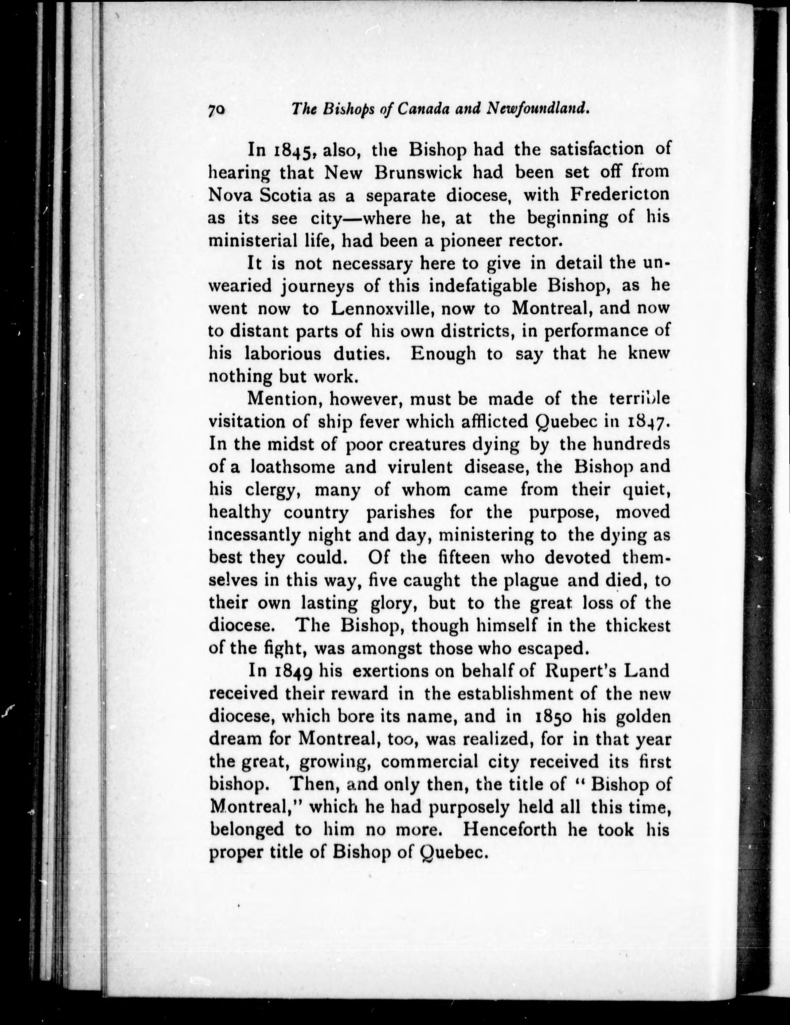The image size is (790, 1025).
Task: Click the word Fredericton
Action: point(619,195)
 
